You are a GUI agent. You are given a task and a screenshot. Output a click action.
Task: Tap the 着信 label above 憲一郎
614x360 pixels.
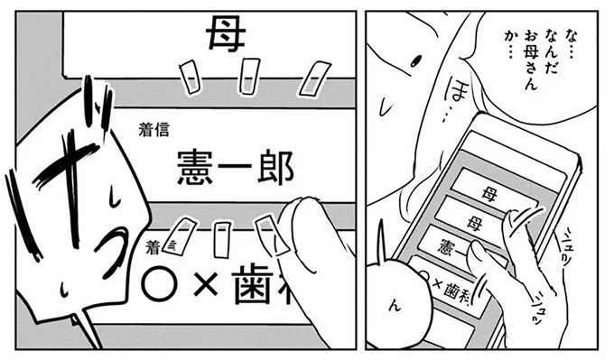(x=153, y=130)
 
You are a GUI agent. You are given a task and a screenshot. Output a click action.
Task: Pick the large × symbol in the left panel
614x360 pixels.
(x=209, y=282)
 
